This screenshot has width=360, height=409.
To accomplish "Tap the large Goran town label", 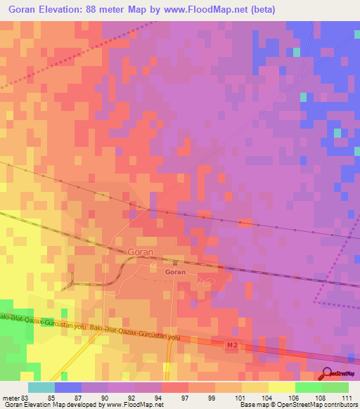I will click(x=141, y=251).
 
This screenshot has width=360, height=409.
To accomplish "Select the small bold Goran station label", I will click(x=175, y=271).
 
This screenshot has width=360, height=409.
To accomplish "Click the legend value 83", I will click(x=29, y=397).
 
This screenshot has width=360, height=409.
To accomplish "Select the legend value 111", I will click(x=347, y=397).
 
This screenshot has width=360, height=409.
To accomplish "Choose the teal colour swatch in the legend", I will click(x=41, y=387).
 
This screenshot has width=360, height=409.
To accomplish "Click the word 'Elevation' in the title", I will click(x=60, y=10).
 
